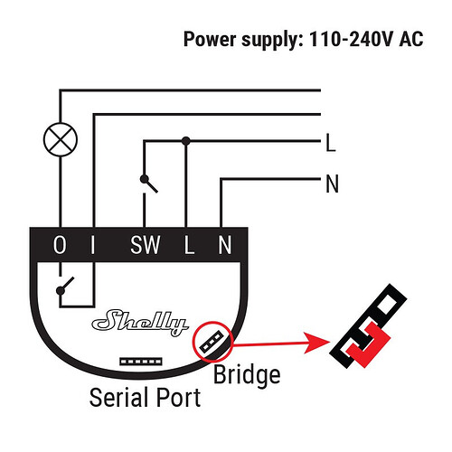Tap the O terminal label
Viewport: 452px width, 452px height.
pyautogui.click(x=60, y=245)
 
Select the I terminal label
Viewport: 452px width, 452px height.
pyautogui.click(x=93, y=245)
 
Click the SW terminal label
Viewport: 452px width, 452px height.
pyautogui.click(x=145, y=245)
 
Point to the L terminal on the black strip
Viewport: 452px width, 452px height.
pyautogui.click(x=189, y=245)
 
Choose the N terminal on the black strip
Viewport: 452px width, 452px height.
pyautogui.click(x=225, y=245)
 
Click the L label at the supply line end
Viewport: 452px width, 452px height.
pyautogui.click(x=331, y=143)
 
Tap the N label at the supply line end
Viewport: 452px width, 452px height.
pyautogui.click(x=333, y=184)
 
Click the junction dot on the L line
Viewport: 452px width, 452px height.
pyautogui.click(x=186, y=141)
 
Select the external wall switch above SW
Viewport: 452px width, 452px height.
pyautogui.click(x=148, y=184)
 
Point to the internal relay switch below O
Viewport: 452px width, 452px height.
pyautogui.click(x=65, y=286)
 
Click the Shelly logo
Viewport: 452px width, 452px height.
pyautogui.click(x=140, y=323)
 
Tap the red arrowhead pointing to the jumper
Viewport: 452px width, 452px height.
pyautogui.click(x=317, y=343)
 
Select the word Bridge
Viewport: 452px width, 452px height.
pyautogui.click(x=247, y=375)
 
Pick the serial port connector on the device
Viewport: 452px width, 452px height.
pyautogui.click(x=141, y=362)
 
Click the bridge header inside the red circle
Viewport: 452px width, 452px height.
pyautogui.click(x=212, y=341)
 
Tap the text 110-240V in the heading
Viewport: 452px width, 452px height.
pyautogui.click(x=350, y=39)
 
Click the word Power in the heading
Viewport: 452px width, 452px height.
pyautogui.click(x=210, y=39)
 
